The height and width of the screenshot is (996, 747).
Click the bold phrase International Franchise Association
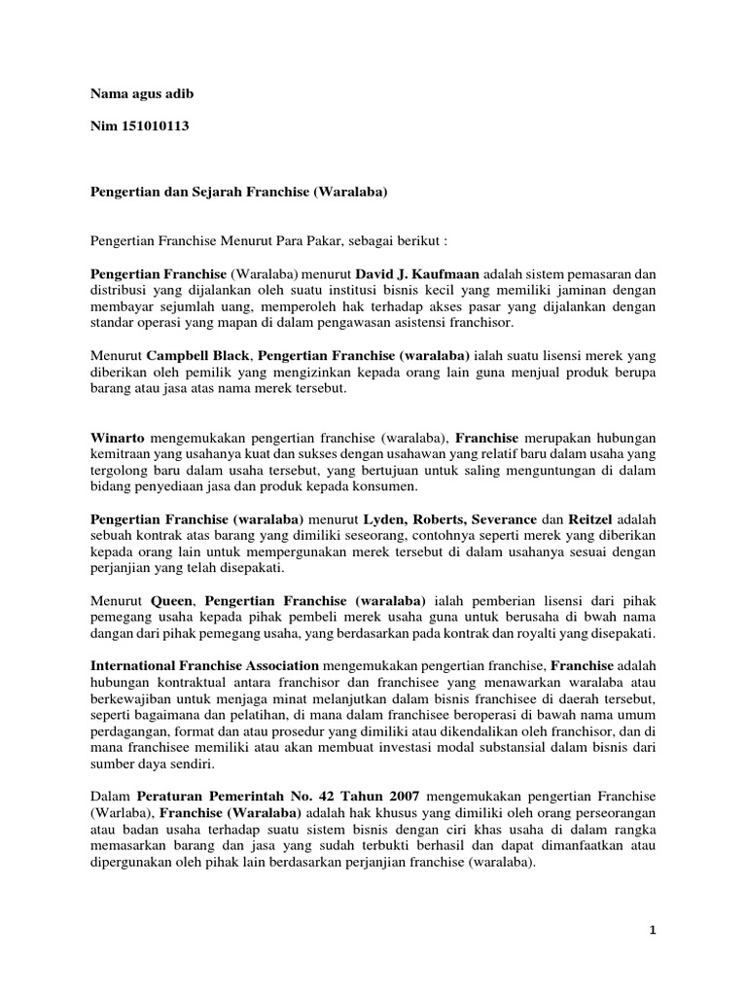tap(204, 665)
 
